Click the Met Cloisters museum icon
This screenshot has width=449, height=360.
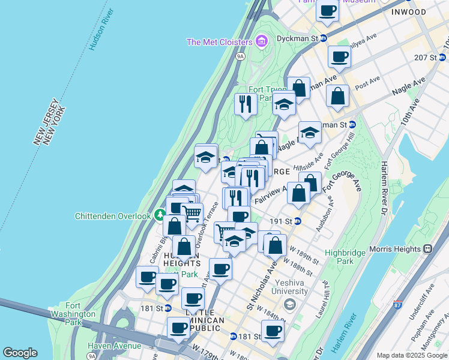click(261, 41)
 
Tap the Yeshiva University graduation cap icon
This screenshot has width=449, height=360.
click(289, 305)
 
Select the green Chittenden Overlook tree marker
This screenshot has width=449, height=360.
click(160, 215)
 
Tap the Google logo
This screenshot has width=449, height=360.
click(20, 353)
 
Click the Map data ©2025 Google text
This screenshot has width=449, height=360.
click(412, 355)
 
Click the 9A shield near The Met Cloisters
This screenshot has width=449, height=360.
click(240, 56)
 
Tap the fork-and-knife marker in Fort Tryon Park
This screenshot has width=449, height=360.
click(245, 105)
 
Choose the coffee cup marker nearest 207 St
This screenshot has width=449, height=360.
click(339, 57)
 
